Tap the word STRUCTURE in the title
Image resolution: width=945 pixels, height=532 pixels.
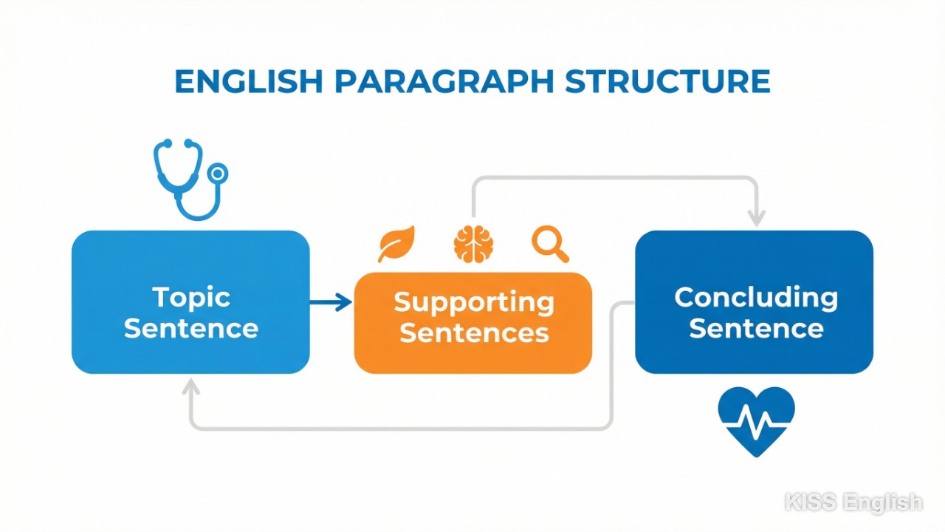point(667,81)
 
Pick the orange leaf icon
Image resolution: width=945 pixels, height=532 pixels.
point(396,244)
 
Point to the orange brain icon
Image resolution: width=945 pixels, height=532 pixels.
point(473,244)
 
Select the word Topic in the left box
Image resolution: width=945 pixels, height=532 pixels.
point(191,297)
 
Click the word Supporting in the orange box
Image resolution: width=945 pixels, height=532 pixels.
point(473,301)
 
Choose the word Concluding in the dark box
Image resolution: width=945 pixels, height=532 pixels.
point(756,297)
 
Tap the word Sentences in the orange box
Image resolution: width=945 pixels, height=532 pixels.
point(473,332)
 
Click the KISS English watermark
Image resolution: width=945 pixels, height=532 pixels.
point(853,502)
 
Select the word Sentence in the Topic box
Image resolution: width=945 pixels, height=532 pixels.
point(191,328)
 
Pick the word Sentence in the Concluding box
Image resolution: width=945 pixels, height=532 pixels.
point(756,328)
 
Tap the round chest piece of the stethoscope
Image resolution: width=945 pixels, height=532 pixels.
point(218,174)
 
